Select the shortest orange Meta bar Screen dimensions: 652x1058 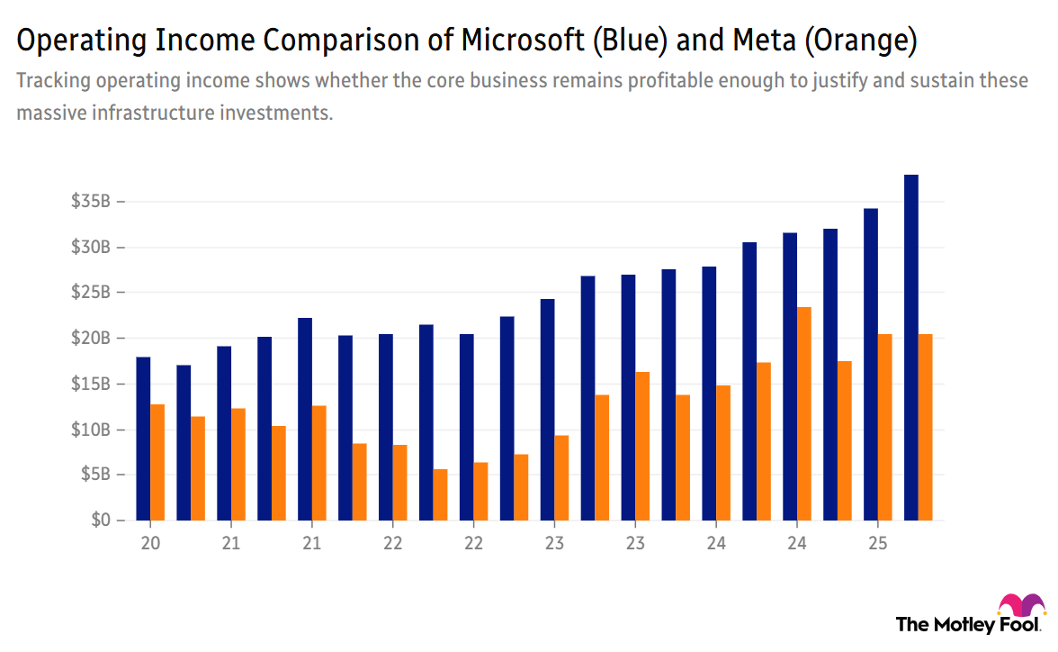tap(440, 494)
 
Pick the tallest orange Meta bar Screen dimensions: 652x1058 tap(803, 413)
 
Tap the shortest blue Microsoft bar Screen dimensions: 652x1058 tap(184, 442)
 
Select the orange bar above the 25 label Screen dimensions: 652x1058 tap(884, 427)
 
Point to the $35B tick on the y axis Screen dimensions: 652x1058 tap(91, 201)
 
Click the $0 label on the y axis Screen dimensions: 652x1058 tap(100, 521)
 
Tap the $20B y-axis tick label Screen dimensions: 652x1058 tap(91, 338)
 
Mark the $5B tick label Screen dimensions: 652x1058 tap(94, 475)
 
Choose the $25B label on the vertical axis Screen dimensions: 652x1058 tap(91, 293)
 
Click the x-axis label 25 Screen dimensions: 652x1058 tap(877, 544)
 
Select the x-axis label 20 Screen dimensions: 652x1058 tap(149, 544)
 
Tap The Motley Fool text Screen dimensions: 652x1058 tap(968, 624)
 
